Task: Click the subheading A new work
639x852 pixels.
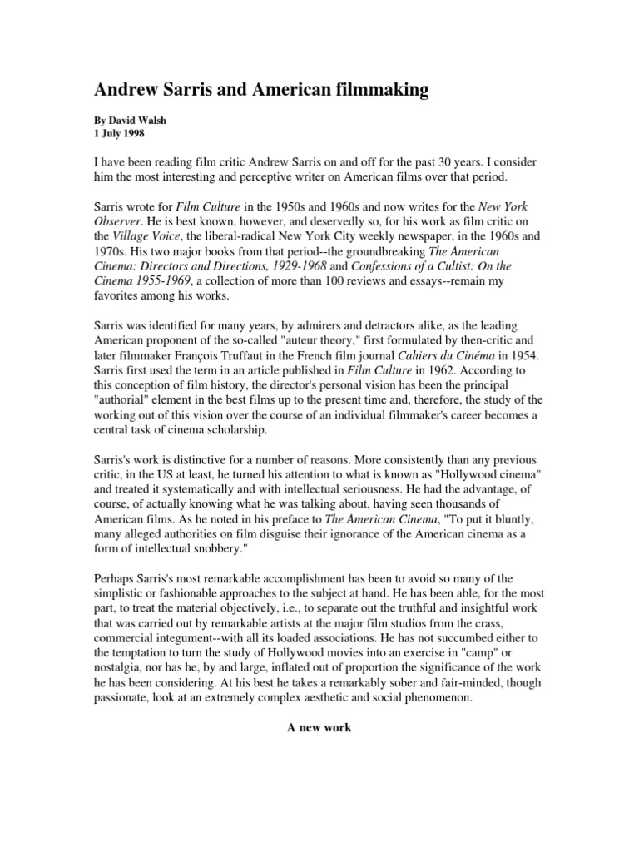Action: coord(319,727)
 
